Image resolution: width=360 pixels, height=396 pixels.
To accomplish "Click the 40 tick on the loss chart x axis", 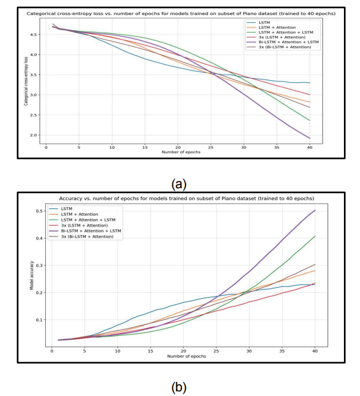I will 309,148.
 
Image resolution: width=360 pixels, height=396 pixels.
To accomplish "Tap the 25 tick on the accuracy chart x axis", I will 216,350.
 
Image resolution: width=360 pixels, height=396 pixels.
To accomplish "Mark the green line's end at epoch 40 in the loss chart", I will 310,121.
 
